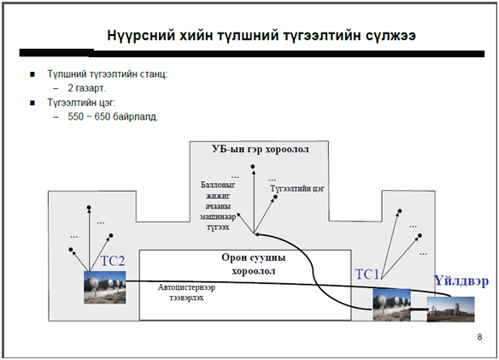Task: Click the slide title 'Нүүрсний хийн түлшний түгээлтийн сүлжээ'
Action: click(x=261, y=35)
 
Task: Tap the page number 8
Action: click(x=479, y=337)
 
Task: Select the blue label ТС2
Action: click(x=113, y=261)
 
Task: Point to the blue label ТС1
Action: click(x=367, y=274)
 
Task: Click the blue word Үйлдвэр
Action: click(x=461, y=281)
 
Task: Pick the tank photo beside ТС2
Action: click(x=105, y=287)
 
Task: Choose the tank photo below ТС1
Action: click(x=391, y=304)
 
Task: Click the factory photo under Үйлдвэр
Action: click(x=450, y=309)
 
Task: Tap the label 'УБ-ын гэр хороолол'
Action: click(x=261, y=149)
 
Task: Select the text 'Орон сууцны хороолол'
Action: click(x=253, y=264)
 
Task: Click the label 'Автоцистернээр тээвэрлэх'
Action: click(x=186, y=292)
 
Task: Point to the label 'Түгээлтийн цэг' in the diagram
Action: click(x=297, y=189)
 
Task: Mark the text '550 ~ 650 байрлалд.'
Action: click(x=113, y=117)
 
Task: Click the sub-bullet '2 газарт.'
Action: click(x=86, y=88)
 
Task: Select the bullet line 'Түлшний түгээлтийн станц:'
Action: click(x=108, y=74)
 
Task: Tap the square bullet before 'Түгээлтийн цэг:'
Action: click(x=32, y=103)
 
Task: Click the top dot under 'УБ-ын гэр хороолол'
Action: click(x=253, y=167)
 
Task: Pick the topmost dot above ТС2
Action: click(x=89, y=208)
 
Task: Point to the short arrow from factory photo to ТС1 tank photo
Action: click(x=419, y=309)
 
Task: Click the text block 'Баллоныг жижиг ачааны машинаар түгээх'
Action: click(x=218, y=206)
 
